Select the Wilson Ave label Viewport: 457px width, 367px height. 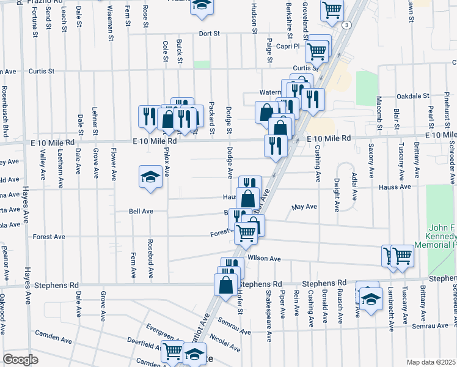click(x=264, y=259)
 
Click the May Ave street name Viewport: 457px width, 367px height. click(x=304, y=207)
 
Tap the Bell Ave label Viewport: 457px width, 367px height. click(x=141, y=212)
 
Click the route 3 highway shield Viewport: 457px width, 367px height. click(x=347, y=24)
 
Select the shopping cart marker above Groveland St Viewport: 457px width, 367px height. click(x=332, y=9)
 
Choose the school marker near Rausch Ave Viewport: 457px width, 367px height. click(x=370, y=299)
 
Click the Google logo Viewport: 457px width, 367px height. click(x=20, y=360)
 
